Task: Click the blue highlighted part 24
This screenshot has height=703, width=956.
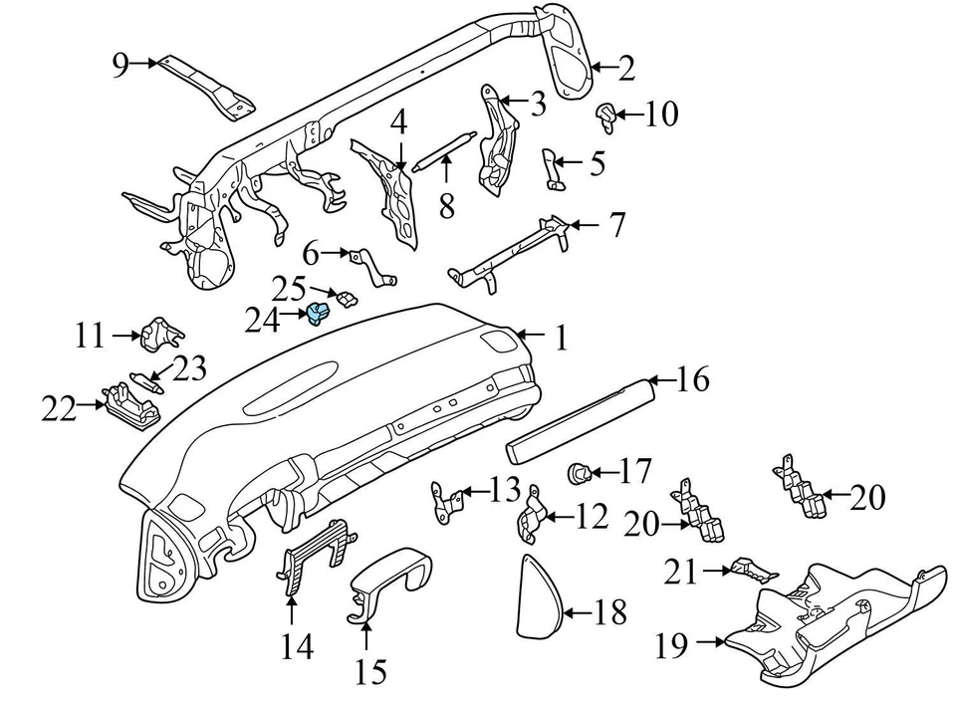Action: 318,313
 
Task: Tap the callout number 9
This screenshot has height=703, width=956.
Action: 120,65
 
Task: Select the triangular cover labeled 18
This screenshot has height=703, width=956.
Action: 540,595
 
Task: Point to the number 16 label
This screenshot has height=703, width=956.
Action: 692,379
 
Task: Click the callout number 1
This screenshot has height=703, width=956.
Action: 561,338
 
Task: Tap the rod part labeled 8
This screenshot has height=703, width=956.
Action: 443,149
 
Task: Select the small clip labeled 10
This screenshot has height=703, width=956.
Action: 606,117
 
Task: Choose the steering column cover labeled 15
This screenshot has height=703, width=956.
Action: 389,586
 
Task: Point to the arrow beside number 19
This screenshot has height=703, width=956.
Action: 710,641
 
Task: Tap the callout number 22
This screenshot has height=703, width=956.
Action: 60,408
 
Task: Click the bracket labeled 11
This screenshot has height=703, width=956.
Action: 161,334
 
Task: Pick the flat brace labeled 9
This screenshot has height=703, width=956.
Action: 205,88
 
